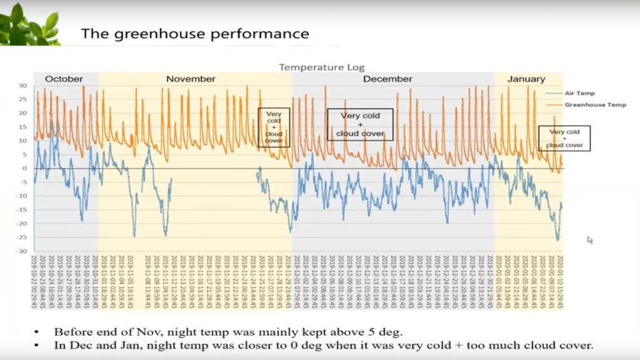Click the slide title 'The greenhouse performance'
(195, 33)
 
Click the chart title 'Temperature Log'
(321, 67)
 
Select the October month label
(64, 79)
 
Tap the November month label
(191, 79)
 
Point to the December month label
(387, 79)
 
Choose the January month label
(526, 79)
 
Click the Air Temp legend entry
(579, 93)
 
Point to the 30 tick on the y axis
(22, 86)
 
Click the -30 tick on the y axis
(22, 251)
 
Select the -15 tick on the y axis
(22, 209)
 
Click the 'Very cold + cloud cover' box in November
(274, 127)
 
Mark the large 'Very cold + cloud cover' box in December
(360, 124)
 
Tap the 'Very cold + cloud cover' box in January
(564, 138)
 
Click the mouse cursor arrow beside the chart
(589, 239)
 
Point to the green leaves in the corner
(28, 25)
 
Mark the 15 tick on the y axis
(23, 127)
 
